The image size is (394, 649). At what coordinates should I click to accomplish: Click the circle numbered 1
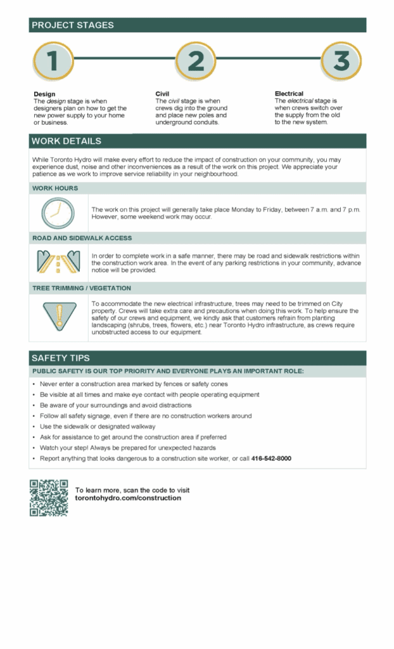click(53, 61)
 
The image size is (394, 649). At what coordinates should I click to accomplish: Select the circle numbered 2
click(196, 61)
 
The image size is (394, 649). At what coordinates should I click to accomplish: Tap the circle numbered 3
click(341, 61)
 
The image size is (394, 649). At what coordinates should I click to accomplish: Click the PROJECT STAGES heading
click(73, 25)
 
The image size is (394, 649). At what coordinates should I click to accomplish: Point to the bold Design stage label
click(44, 94)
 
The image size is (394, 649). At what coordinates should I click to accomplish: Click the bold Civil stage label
click(162, 94)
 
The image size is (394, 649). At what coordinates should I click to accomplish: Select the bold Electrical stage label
click(289, 94)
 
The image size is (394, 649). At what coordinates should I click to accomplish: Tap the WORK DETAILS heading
click(66, 141)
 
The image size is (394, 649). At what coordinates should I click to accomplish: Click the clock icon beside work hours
click(58, 213)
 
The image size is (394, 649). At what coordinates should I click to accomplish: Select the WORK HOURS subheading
click(55, 188)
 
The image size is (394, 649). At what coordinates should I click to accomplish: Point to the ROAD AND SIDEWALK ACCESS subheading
click(82, 238)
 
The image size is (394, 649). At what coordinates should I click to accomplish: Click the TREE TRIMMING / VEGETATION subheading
click(82, 288)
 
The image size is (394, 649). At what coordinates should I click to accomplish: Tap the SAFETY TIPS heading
click(61, 358)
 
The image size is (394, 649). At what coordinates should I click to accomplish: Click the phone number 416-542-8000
click(271, 458)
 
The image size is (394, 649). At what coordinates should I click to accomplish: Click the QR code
click(49, 498)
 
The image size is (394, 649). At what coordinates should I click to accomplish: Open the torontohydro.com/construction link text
click(128, 498)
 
